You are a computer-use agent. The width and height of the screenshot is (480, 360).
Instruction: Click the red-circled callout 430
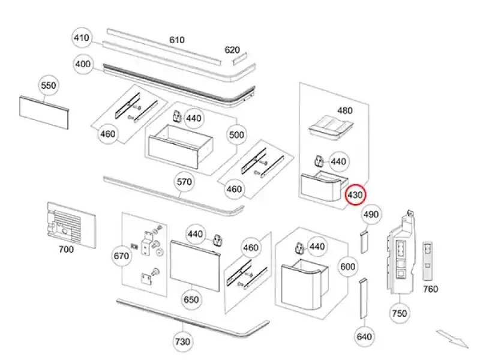click(355, 194)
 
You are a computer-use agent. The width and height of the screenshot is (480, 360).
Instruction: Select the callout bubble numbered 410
click(81, 38)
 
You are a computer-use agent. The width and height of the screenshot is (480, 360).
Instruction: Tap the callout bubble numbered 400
click(83, 64)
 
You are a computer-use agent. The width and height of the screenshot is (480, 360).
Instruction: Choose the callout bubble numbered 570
click(184, 181)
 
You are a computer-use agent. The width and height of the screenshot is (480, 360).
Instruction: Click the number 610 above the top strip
click(176, 40)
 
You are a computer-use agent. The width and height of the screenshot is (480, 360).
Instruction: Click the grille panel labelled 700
click(71, 223)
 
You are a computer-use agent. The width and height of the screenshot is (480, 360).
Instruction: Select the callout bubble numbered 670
click(121, 256)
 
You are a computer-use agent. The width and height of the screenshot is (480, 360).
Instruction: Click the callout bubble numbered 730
click(182, 342)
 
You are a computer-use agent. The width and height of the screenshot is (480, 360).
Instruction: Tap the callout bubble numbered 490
click(371, 214)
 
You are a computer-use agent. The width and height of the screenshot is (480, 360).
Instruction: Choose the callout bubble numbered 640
click(364, 337)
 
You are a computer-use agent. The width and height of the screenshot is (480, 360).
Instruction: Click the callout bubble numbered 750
click(399, 313)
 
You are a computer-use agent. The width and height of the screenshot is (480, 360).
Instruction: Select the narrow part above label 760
click(428, 260)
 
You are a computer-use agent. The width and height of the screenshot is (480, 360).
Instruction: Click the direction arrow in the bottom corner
click(452, 339)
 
